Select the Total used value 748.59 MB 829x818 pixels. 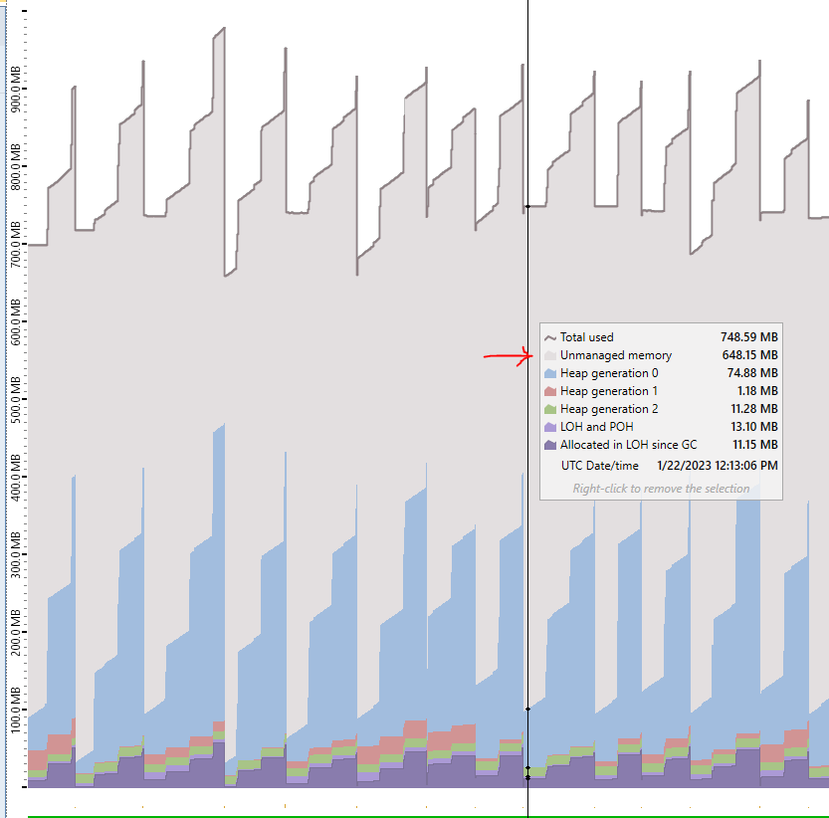click(748, 337)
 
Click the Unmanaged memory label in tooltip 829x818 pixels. click(615, 355)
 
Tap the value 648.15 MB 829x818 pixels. click(749, 355)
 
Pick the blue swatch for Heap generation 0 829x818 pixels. click(549, 373)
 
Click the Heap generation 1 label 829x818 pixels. click(608, 391)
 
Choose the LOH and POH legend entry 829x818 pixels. click(596, 427)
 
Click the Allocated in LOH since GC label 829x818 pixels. click(628, 445)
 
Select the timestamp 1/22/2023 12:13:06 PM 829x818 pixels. click(717, 465)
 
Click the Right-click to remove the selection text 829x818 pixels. click(661, 489)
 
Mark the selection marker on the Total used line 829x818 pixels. click(527, 207)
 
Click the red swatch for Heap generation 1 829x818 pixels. click(549, 391)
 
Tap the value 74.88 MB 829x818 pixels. click(752, 373)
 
